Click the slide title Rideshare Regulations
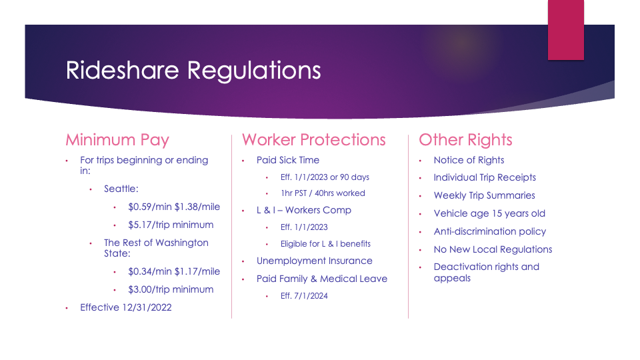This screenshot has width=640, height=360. pyautogui.click(x=193, y=70)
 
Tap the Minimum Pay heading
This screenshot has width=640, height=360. pyautogui.click(x=117, y=140)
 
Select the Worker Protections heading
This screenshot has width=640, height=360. pyautogui.click(x=313, y=139)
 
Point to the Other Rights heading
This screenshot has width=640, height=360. pyautogui.click(x=465, y=140)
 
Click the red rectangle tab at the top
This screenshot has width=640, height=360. pyautogui.click(x=566, y=30)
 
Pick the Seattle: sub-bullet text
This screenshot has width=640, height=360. pyautogui.click(x=121, y=189)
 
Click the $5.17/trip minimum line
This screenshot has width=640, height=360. pyautogui.click(x=171, y=225)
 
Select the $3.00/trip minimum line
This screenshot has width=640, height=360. pyautogui.click(x=171, y=289)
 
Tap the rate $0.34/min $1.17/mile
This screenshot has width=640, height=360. pyautogui.click(x=174, y=271)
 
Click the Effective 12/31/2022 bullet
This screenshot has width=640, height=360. pyautogui.click(x=126, y=307)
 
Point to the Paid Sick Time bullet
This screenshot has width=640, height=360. pyautogui.click(x=288, y=160)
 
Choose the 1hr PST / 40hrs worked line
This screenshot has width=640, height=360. pyautogui.click(x=323, y=193)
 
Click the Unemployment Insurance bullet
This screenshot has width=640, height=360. pyautogui.click(x=314, y=261)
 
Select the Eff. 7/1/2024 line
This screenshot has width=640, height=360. pyautogui.click(x=304, y=296)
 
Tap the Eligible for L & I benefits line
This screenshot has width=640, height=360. pyautogui.click(x=325, y=244)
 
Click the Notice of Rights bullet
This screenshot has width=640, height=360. pyautogui.click(x=469, y=160)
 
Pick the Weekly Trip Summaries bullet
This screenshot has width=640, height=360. pyautogui.click(x=484, y=195)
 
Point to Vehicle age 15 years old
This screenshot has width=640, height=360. pyautogui.click(x=489, y=213)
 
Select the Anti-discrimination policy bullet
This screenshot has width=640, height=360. pyautogui.click(x=490, y=231)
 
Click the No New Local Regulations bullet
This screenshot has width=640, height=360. pyautogui.click(x=493, y=249)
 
